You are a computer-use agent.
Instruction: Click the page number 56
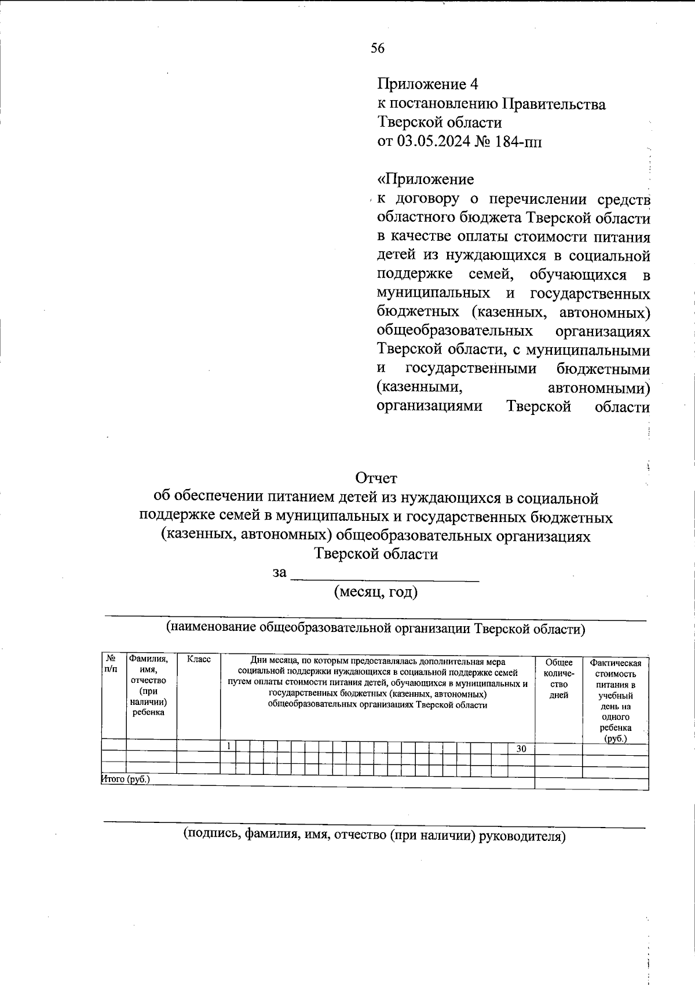point(378,49)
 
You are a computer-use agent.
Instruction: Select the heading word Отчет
point(376,479)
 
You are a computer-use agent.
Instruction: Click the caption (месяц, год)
point(376,592)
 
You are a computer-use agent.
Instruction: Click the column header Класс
point(199,660)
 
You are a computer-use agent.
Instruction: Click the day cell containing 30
point(521,749)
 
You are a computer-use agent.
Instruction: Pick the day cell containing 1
point(229,746)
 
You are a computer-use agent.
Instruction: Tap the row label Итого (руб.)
point(126,780)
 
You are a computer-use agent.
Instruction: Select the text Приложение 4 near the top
point(428,85)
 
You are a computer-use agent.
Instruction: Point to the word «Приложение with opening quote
point(425,179)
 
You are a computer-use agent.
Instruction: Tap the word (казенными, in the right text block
point(419,387)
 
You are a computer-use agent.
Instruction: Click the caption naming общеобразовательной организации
point(376,628)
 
